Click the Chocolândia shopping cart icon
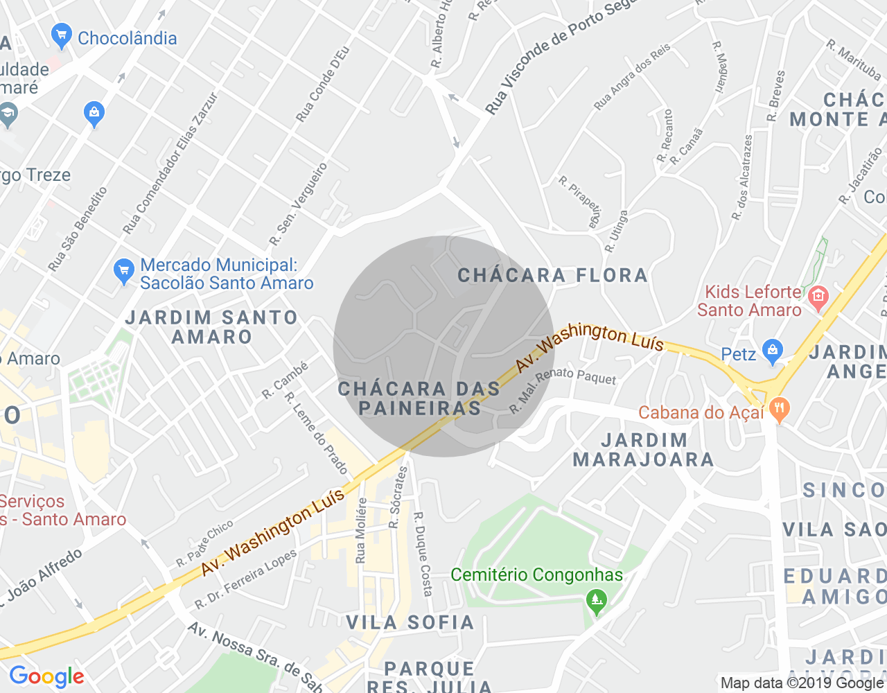62,36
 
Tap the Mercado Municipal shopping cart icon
124,272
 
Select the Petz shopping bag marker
772,352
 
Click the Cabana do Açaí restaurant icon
779,410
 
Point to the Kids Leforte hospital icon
818,298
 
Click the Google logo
46,676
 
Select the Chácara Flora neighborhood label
552,275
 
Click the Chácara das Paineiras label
419,398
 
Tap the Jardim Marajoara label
643,450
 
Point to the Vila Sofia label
410,622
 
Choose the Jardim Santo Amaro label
211,327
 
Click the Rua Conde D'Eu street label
323,85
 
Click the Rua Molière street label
360,529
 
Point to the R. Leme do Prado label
317,433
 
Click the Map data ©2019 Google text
802,683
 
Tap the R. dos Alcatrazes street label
742,177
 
